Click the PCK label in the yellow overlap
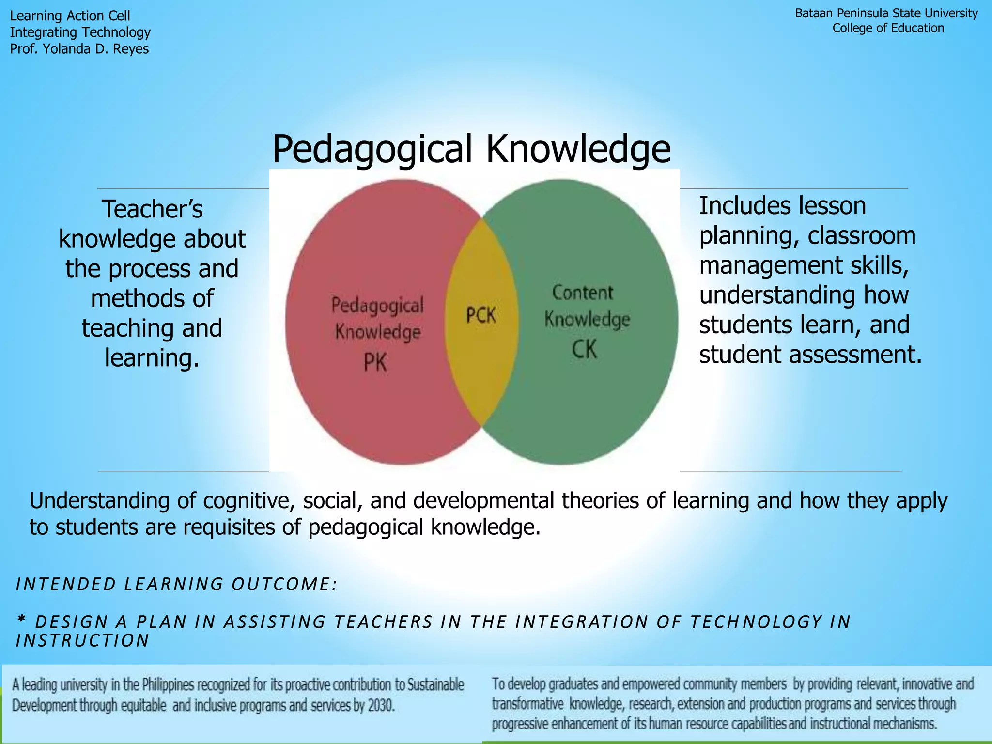(480, 315)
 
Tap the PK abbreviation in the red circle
(375, 362)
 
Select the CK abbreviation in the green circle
(584, 349)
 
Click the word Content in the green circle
(583, 293)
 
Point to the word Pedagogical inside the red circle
(377, 305)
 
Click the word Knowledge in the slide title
(578, 149)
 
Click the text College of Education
(888, 29)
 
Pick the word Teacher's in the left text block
(152, 209)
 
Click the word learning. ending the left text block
(152, 358)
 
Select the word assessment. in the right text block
(855, 355)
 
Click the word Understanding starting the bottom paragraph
(99, 501)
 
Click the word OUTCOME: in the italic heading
(284, 584)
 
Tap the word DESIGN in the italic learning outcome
(72, 622)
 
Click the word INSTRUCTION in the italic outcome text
(83, 641)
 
